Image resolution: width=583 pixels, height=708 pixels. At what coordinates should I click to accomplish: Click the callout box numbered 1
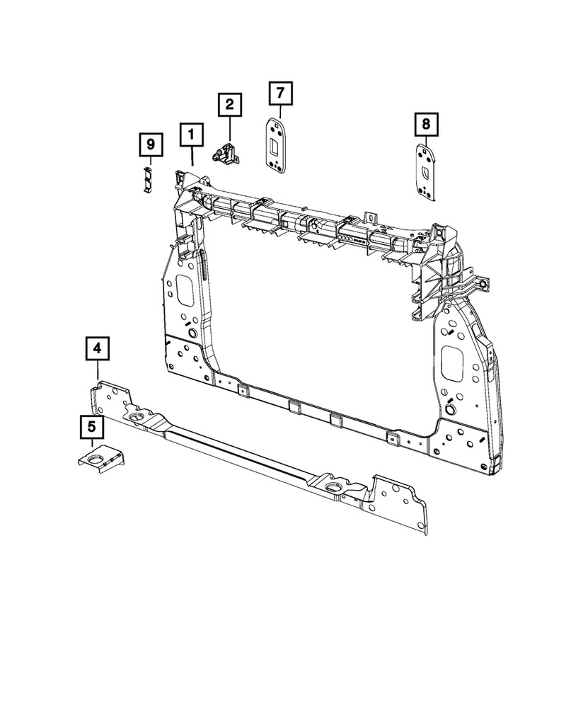tap(192, 135)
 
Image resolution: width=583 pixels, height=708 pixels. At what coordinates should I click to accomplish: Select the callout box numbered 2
tap(229, 105)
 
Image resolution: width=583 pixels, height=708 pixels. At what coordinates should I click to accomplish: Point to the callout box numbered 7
tap(279, 93)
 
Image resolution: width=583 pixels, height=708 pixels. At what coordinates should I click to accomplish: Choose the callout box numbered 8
tap(426, 125)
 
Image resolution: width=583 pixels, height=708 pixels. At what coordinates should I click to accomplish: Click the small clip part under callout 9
tap(147, 178)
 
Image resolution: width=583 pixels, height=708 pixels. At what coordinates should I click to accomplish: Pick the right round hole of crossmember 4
tap(333, 489)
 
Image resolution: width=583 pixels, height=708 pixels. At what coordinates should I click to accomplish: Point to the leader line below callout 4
tap(97, 372)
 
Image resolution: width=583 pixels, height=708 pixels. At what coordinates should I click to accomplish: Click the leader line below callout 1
tap(192, 156)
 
